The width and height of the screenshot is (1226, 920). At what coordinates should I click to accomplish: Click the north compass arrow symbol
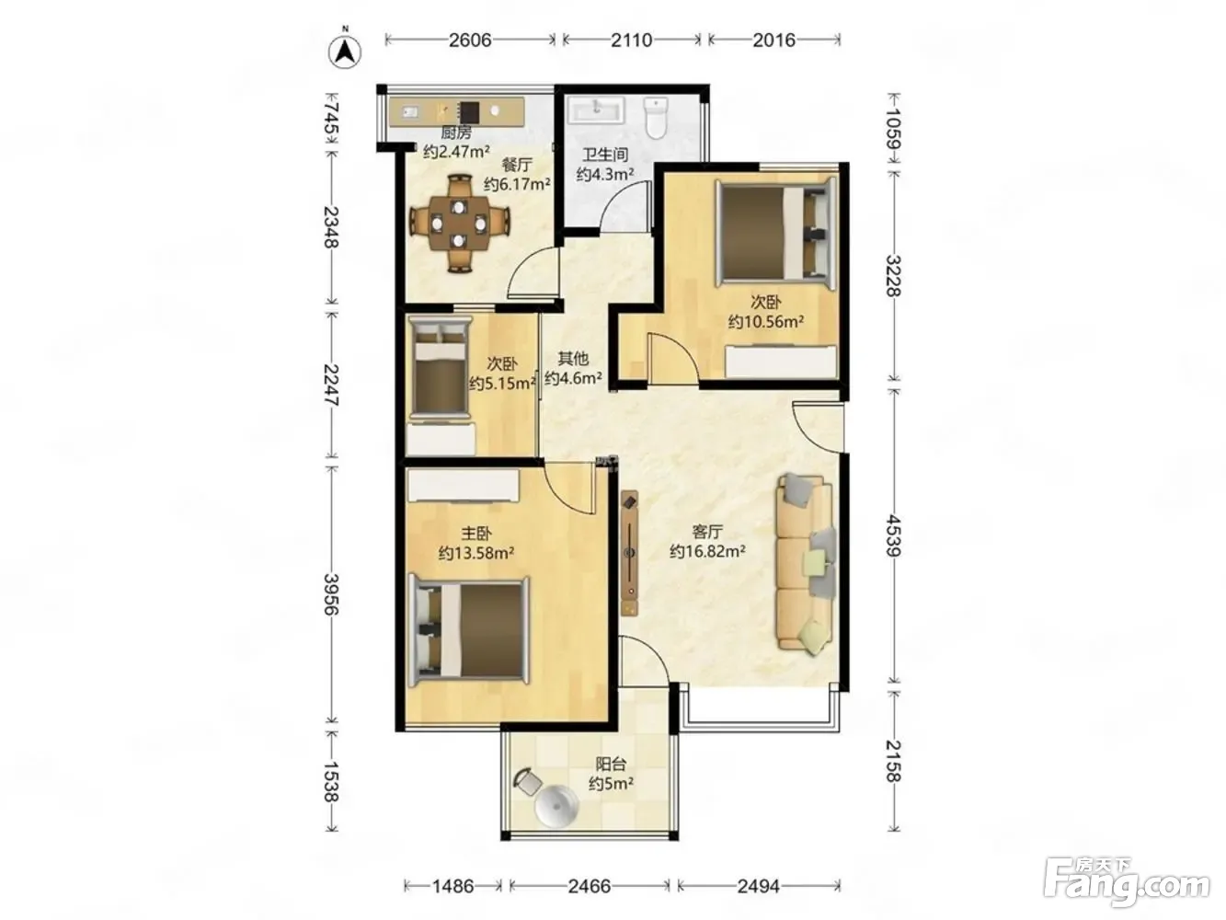point(344,52)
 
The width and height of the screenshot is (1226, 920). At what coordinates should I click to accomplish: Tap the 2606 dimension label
point(470,40)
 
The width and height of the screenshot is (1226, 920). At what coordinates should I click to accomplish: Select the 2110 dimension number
point(631,40)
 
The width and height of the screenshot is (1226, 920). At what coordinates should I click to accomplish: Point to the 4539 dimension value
point(893,535)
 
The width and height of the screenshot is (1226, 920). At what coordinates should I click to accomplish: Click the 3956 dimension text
point(332,593)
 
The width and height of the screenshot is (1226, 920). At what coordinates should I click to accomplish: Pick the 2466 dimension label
point(590,886)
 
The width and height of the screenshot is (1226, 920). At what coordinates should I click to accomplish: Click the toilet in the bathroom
point(656,118)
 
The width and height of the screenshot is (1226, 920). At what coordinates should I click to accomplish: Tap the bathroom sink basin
point(596,110)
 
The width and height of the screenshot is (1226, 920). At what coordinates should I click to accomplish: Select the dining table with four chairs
point(459,224)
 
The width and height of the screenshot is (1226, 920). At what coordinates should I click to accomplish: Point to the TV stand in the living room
point(629,553)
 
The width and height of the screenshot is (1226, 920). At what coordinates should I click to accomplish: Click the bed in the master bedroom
point(468,629)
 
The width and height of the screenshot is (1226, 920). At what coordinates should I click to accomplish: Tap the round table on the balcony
point(556,806)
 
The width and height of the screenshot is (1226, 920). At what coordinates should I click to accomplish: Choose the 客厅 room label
point(707,531)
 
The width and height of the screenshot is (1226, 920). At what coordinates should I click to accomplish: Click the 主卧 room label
point(476,534)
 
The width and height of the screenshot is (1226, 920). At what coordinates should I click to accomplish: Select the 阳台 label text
point(611,765)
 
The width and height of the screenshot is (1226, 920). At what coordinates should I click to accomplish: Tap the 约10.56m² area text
point(765,322)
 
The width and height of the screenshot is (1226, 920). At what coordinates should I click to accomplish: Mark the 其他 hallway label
point(573,358)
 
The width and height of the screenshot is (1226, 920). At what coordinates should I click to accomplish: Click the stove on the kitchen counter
point(469,112)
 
